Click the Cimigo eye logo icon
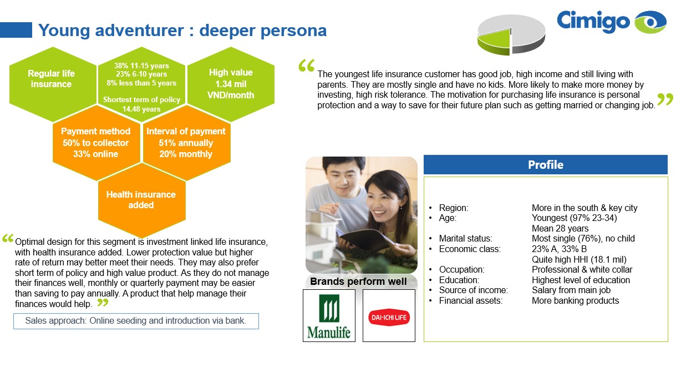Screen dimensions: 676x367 (650, 22)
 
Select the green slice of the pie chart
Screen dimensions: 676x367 (495, 42)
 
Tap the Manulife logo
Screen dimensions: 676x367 (329, 316)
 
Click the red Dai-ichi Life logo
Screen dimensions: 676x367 (389, 318)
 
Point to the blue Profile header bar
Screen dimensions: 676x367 (546, 164)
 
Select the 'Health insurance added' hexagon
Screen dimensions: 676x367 (141, 200)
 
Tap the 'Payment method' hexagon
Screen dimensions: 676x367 (96, 143)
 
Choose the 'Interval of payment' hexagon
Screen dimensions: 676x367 (186, 143)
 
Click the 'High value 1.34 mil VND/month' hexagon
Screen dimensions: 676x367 (231, 84)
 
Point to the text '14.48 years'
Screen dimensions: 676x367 (141, 109)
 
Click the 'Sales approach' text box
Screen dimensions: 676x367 (136, 321)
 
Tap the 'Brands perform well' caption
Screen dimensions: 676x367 (359, 281)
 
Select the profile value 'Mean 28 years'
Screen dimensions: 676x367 (560, 228)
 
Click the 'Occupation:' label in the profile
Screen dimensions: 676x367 (461, 269)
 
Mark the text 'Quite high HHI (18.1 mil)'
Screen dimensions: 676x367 (579, 259)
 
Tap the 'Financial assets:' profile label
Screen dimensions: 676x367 (470, 301)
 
